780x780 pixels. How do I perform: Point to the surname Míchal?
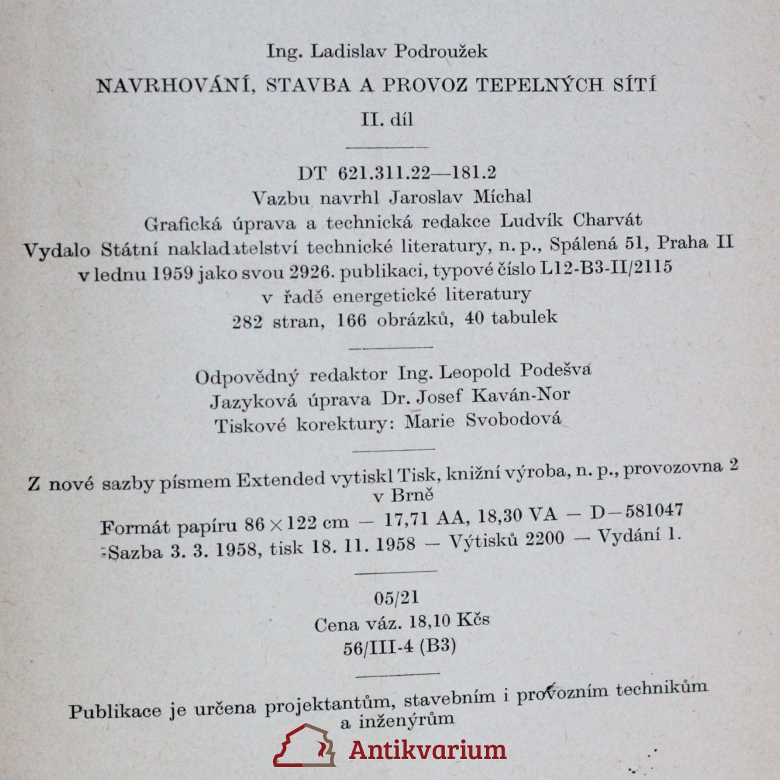pos(503,197)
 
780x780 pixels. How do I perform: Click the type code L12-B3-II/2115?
pos(605,268)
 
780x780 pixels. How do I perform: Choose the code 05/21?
pos(396,598)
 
